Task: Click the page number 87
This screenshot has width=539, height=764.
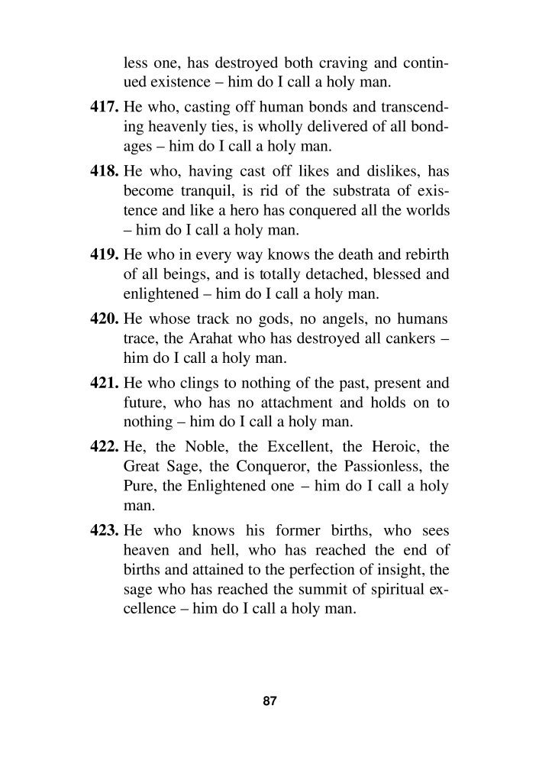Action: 269,701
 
